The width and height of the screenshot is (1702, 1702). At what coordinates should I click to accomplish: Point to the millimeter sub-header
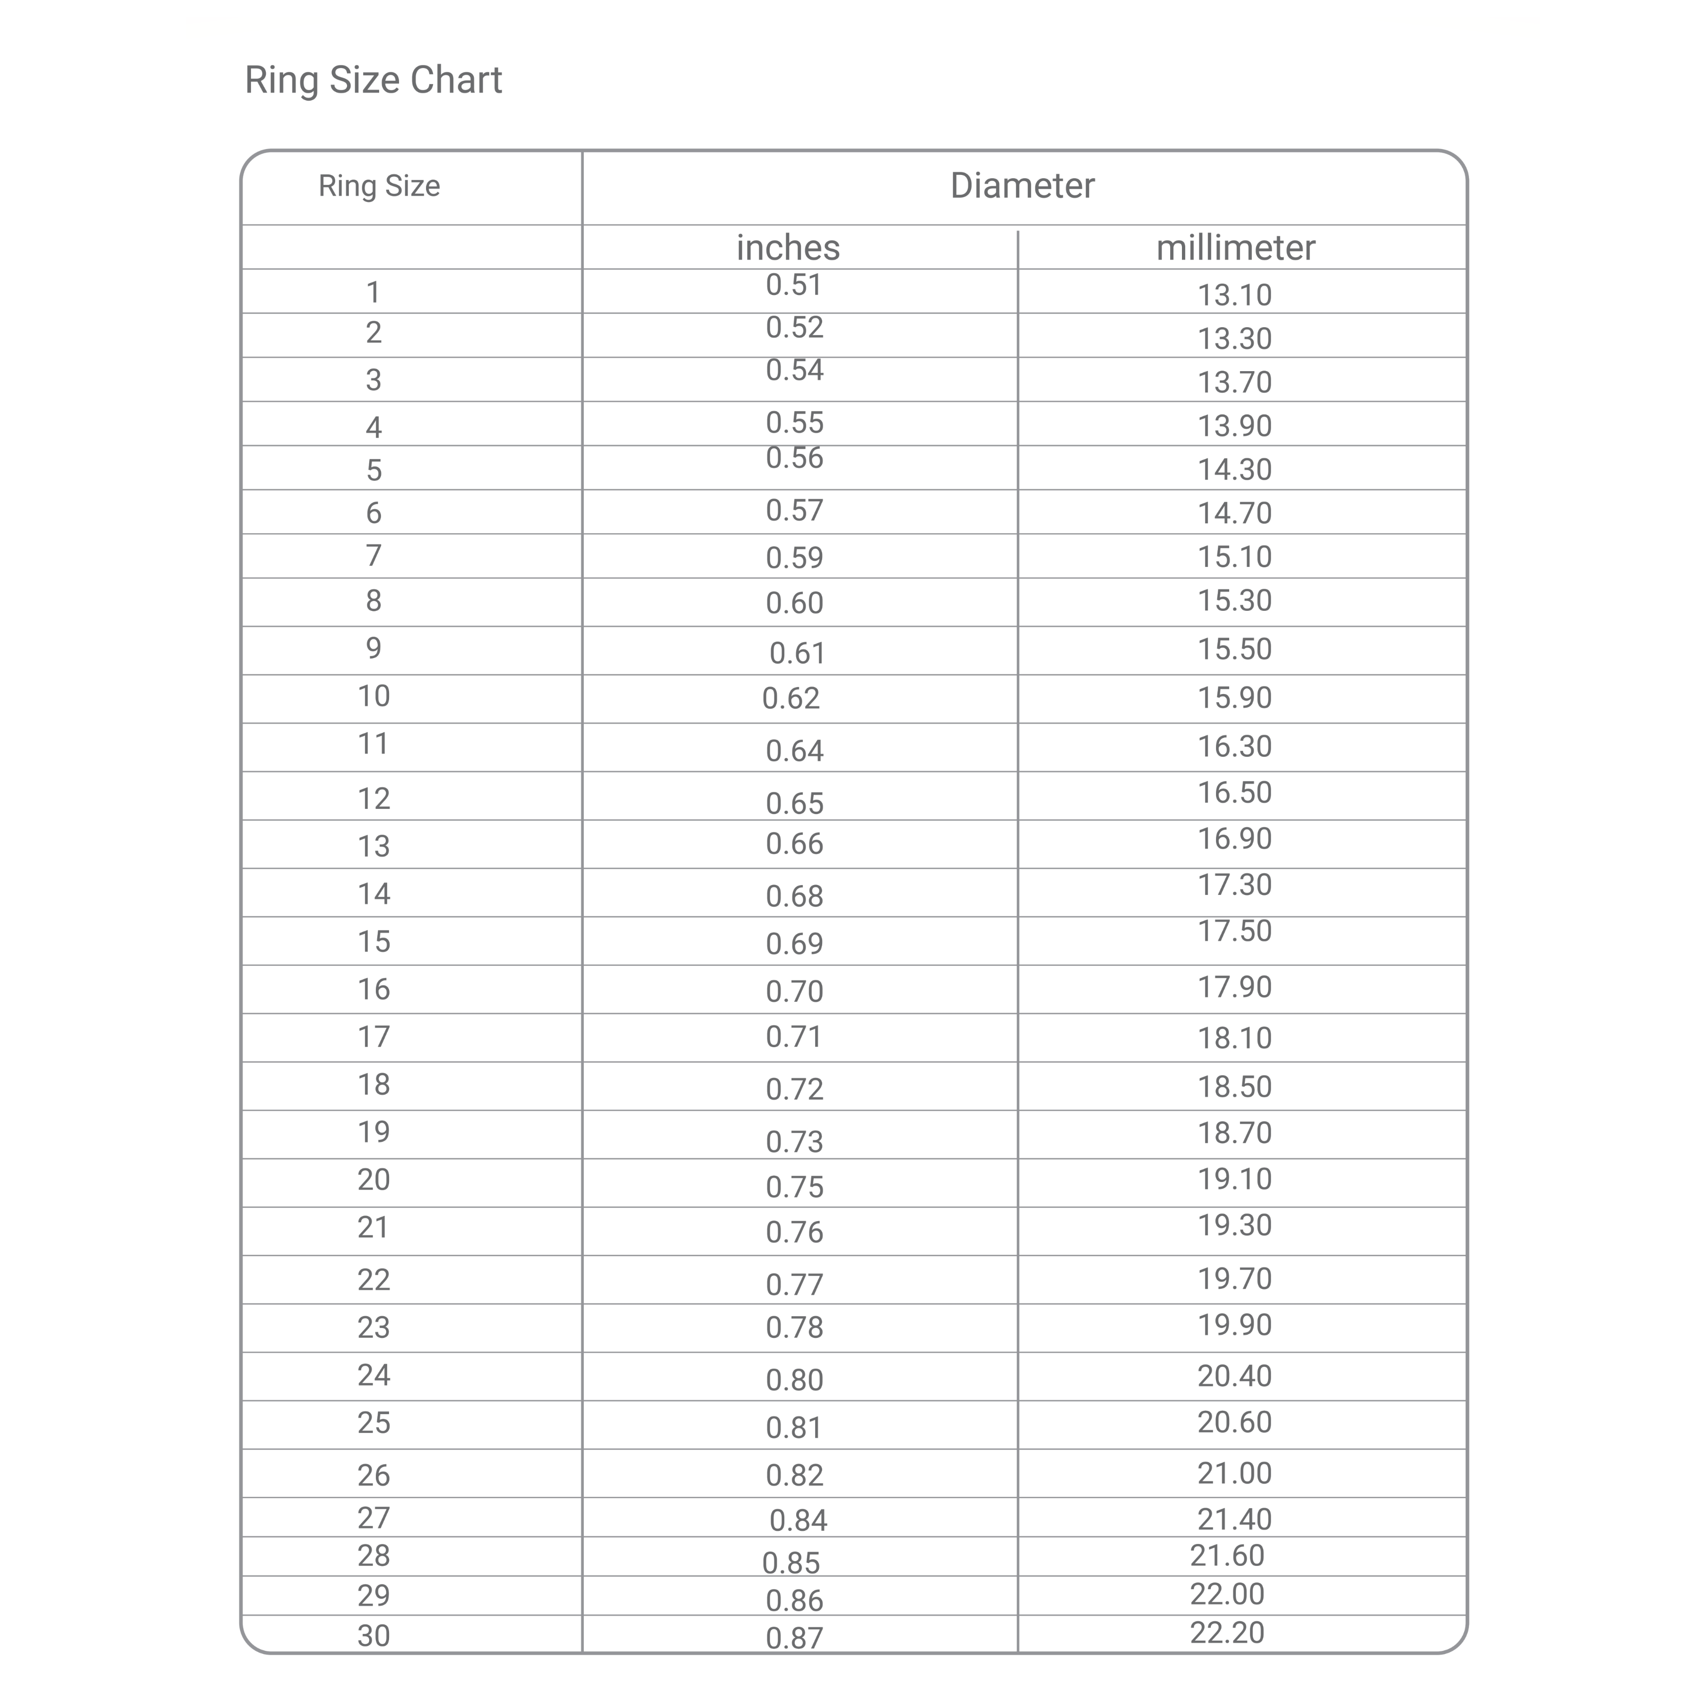(x=1235, y=248)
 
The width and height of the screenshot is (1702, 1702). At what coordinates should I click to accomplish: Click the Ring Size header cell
(x=379, y=186)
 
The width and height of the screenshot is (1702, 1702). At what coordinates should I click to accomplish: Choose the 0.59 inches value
(x=794, y=558)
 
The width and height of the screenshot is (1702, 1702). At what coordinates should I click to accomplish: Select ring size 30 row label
(x=373, y=1635)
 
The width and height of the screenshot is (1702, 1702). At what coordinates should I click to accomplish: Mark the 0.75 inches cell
(x=794, y=1187)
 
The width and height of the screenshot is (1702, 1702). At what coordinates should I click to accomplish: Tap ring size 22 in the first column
(x=373, y=1280)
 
